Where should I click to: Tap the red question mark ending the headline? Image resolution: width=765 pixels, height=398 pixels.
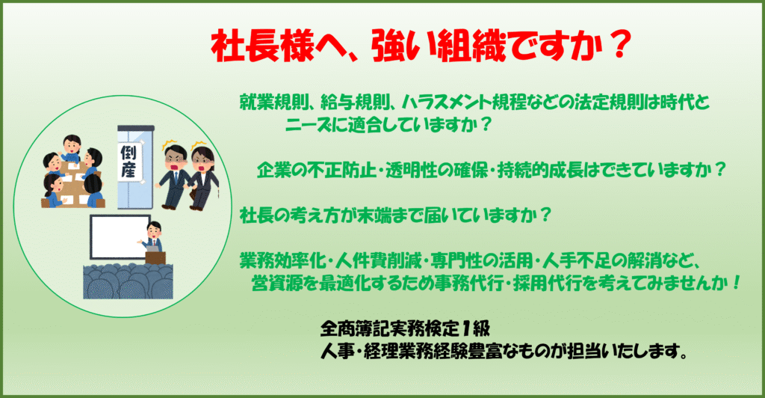pyautogui.click(x=619, y=46)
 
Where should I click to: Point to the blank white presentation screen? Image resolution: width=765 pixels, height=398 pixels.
pyautogui.click(x=120, y=237)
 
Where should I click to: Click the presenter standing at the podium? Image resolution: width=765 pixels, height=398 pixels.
pyautogui.click(x=153, y=236)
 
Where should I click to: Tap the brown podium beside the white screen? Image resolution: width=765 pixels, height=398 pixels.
pyautogui.click(x=155, y=257)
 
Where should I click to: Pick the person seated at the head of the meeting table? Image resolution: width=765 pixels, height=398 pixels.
pyautogui.click(x=71, y=150)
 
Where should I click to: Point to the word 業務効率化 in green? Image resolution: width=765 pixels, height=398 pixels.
pyautogui.click(x=282, y=261)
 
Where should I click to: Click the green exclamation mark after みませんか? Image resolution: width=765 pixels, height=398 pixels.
pyautogui.click(x=736, y=282)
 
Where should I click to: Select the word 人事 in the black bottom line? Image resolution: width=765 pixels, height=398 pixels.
pyautogui.click(x=337, y=351)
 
